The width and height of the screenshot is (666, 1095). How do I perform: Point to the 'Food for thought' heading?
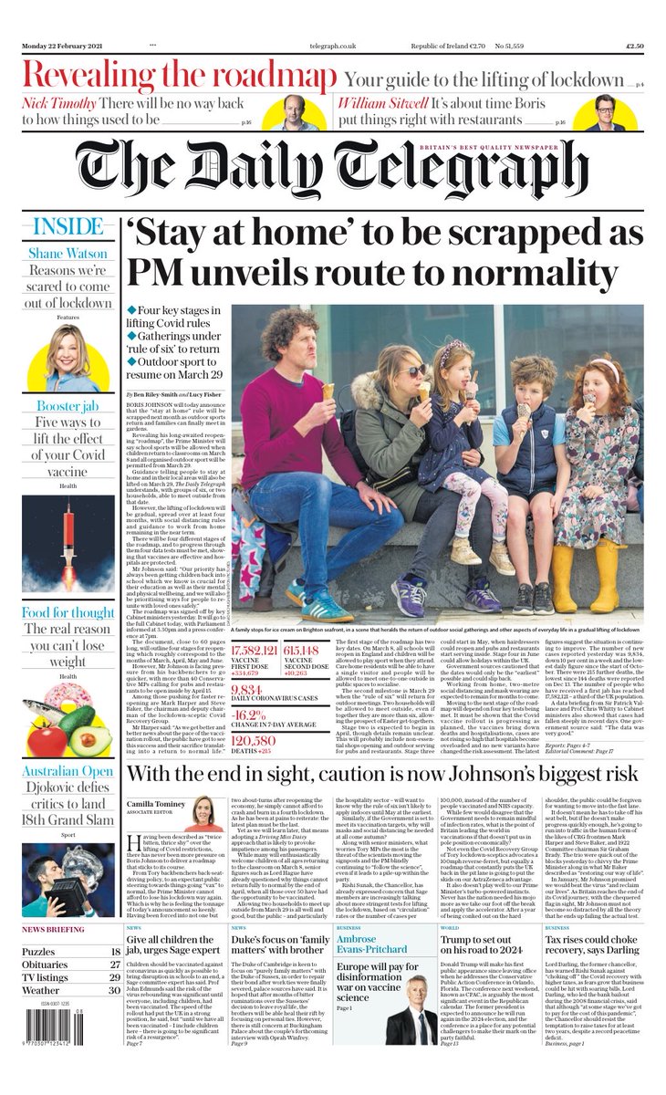(x=68, y=612)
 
